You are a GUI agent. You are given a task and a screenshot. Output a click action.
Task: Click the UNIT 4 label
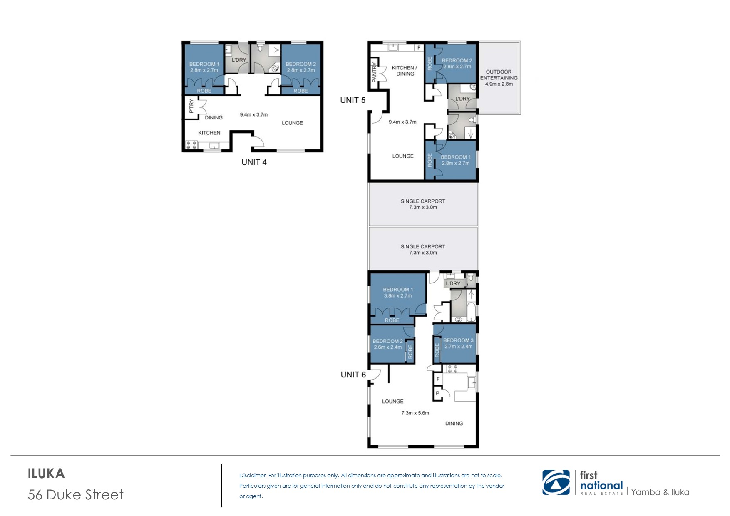[254, 162]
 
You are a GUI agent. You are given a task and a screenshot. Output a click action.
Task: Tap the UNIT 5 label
[353, 100]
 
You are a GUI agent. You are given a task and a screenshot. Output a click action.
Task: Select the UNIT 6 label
[353, 375]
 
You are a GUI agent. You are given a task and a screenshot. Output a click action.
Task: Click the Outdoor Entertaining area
[499, 78]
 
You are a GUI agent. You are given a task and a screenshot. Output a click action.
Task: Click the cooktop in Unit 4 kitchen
[191, 145]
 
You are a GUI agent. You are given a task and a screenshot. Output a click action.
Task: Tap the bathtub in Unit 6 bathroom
[472, 313]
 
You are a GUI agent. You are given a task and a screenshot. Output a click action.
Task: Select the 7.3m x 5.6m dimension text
[415, 413]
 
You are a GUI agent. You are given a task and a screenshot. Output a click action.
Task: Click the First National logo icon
[556, 483]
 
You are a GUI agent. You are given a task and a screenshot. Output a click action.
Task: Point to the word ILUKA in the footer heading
[46, 474]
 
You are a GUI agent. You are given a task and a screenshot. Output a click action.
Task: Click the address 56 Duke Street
[76, 494]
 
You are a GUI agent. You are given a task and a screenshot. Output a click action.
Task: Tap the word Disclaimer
[253, 475]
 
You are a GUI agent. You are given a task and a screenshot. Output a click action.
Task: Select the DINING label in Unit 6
[454, 424]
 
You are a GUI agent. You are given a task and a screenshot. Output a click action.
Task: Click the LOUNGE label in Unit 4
[292, 123]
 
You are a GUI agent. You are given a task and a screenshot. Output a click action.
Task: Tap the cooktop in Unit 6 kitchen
[452, 369]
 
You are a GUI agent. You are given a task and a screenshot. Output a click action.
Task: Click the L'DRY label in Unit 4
[239, 60]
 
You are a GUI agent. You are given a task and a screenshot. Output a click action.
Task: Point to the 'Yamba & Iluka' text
[660, 492]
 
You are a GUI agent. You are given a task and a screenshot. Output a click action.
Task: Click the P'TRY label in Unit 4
[191, 107]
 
